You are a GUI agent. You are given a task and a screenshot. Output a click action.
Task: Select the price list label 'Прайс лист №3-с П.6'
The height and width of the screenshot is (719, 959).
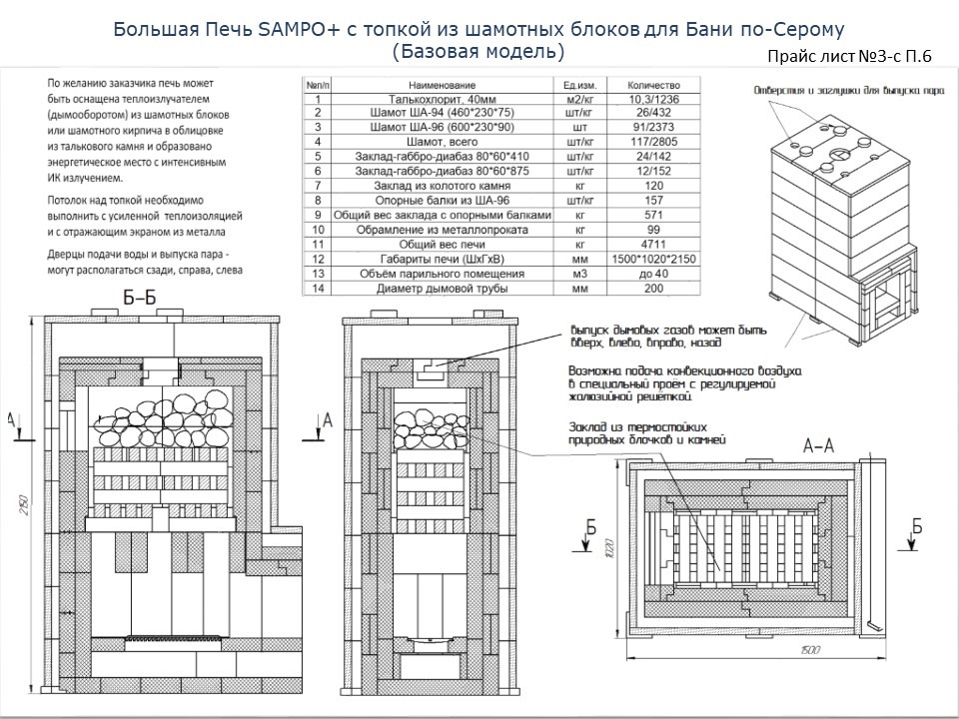coord(850,57)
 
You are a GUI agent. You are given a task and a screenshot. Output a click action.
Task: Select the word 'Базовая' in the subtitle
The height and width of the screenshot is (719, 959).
coord(441,50)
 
